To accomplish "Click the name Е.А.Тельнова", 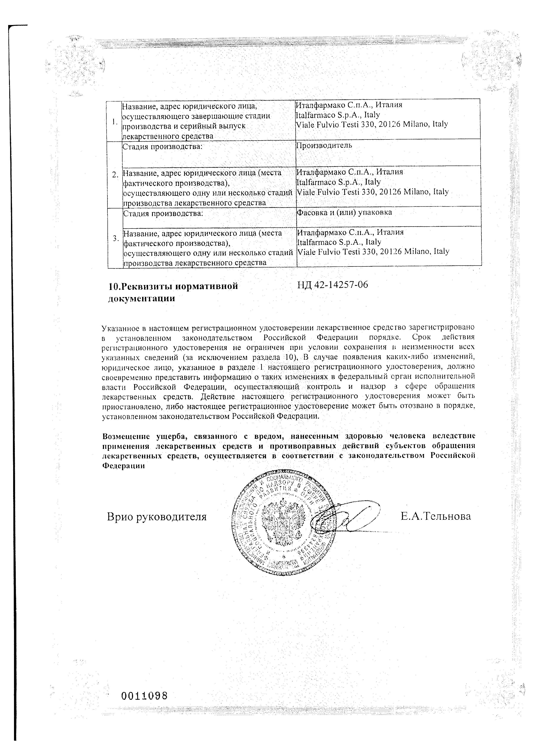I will point(435,516).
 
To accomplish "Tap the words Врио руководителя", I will point(157,517).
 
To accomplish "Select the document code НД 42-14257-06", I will point(332,285).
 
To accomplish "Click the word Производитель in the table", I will point(324,145).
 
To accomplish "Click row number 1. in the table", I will point(114,122).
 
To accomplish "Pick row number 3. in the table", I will point(115,238).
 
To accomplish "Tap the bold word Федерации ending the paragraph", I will point(124,466).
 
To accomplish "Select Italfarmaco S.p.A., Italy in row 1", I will point(338,115).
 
